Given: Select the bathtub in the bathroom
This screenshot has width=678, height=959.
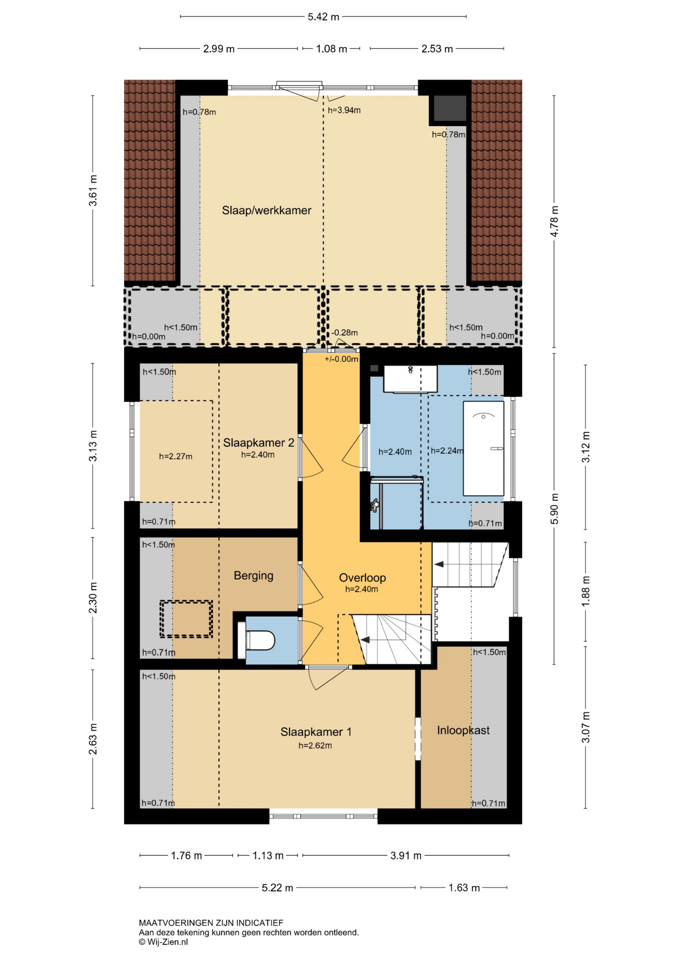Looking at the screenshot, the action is [x=483, y=449].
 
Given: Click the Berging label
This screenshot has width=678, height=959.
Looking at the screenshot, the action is [x=253, y=576].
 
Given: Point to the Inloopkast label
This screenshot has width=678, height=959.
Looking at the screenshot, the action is [x=463, y=730].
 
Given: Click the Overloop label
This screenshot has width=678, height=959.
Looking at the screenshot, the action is [x=362, y=578].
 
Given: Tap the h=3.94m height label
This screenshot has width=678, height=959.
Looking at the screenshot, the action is [x=344, y=110].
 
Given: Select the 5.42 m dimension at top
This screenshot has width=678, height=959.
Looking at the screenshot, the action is [x=323, y=17].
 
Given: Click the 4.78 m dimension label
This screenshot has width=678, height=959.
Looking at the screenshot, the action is [x=554, y=221].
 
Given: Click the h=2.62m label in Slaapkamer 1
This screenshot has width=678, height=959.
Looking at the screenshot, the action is [x=315, y=745].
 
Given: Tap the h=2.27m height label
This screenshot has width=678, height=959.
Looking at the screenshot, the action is [x=176, y=457].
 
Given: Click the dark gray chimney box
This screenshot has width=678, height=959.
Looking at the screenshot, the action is [x=450, y=108].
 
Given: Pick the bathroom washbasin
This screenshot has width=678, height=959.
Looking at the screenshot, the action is [x=410, y=379].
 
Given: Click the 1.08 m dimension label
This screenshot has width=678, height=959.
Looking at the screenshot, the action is [x=331, y=49].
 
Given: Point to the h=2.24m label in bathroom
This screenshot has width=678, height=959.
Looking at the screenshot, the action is [x=447, y=451].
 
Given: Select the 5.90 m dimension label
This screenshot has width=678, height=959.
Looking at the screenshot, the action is [x=554, y=509].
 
